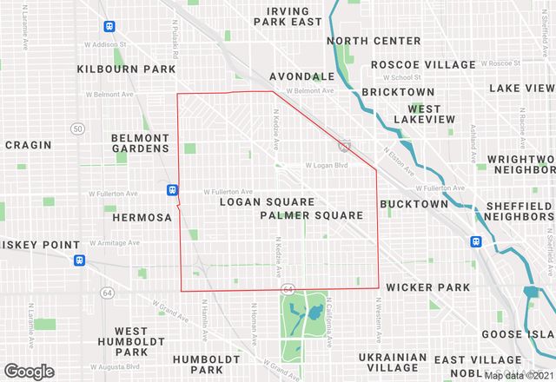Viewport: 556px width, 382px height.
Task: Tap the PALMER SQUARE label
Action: click(x=311, y=214)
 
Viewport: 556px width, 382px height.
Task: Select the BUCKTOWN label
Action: click(x=414, y=204)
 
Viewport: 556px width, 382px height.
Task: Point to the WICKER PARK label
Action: click(x=428, y=286)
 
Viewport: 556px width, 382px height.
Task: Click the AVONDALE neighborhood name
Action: click(x=301, y=76)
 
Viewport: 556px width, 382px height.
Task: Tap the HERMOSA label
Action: click(x=142, y=217)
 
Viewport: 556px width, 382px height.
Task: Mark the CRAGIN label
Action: click(x=29, y=145)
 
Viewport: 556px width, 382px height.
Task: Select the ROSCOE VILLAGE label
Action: click(x=423, y=64)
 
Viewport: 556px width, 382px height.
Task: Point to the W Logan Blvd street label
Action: click(x=326, y=166)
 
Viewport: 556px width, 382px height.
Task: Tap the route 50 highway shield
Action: click(x=78, y=128)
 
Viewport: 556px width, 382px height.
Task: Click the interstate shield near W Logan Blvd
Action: click(x=345, y=146)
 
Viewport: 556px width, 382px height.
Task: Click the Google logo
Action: click(x=28, y=372)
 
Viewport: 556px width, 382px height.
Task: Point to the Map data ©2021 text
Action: click(x=519, y=376)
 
